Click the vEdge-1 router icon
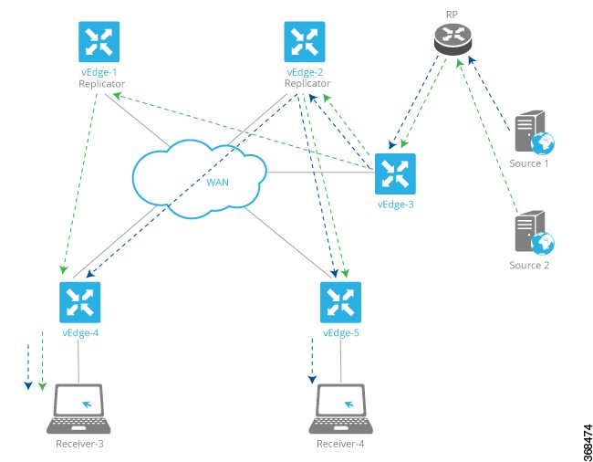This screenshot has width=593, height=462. tap(96, 41)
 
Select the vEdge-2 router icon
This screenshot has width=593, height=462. tap(306, 41)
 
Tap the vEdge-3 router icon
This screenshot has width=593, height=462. tap(395, 173)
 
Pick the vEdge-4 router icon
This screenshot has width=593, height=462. tap(79, 302)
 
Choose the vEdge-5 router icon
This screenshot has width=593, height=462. tap(341, 302)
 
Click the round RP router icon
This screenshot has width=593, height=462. tap(452, 39)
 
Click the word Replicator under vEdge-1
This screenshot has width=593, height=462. tap(96, 84)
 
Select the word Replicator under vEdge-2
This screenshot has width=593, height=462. tap(307, 84)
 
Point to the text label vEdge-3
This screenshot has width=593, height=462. tap(395, 205)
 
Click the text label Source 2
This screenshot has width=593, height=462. tap(530, 266)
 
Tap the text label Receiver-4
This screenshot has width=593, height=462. tap(341, 445)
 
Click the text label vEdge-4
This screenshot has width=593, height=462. tap(80, 333)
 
